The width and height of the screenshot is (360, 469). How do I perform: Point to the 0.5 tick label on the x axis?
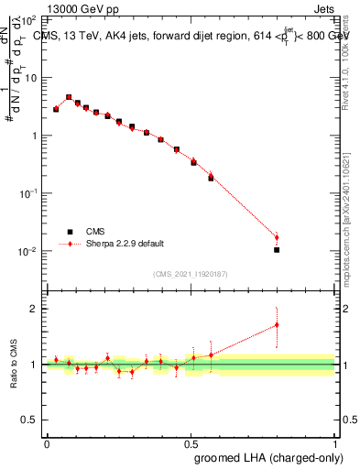191,442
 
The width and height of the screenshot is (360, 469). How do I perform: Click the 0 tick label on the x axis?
47,442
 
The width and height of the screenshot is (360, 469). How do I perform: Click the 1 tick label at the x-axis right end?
334,442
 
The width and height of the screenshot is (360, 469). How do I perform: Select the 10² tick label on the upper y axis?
30,18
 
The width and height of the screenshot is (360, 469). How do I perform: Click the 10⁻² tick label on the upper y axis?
29,251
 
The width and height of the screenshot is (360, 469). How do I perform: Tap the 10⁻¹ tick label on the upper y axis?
29,193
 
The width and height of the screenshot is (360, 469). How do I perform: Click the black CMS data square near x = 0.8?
277,249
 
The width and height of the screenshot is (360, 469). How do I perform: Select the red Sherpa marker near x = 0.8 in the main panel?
277,237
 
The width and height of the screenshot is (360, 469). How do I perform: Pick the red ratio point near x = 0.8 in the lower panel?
277,324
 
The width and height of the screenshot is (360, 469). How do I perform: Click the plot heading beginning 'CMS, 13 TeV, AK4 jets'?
192,38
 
